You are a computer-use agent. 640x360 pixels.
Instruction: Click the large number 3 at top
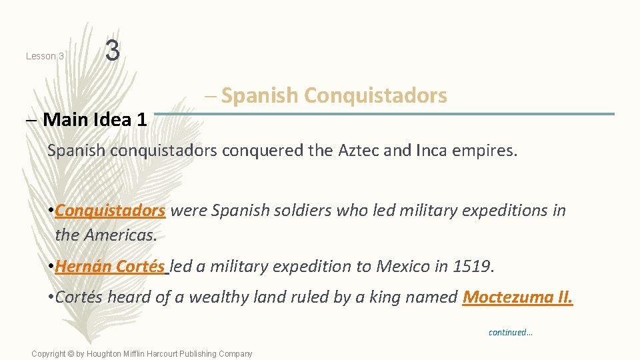(113, 51)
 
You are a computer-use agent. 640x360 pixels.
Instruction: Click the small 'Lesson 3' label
(45, 56)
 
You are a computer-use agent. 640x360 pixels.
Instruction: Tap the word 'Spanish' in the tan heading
(259, 96)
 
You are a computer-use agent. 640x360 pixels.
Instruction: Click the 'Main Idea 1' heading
(95, 120)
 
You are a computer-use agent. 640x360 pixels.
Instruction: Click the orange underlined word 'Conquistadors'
(110, 211)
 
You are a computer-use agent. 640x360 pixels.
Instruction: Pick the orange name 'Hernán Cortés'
(110, 267)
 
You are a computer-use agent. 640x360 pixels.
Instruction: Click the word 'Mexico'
(403, 267)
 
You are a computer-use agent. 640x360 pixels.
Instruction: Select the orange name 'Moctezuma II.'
(517, 297)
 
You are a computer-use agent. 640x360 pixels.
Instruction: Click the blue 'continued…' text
(511, 332)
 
